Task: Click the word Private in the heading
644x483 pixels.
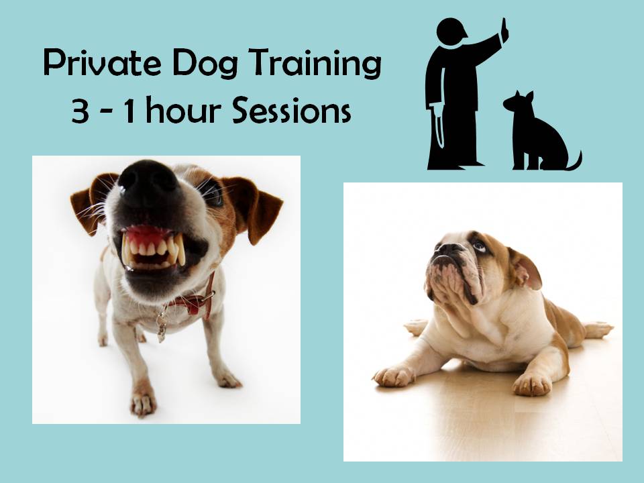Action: (x=102, y=63)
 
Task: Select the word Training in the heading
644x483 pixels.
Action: (x=315, y=64)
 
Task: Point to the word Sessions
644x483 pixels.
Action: (x=292, y=110)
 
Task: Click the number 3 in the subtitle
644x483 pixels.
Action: (x=80, y=111)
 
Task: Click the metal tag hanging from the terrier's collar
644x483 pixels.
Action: (x=162, y=327)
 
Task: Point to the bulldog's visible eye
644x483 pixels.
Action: (x=478, y=246)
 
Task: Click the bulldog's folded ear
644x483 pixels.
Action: (x=526, y=268)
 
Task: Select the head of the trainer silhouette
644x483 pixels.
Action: (x=451, y=31)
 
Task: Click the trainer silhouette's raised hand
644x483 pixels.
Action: (x=504, y=30)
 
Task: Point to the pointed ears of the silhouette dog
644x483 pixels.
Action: (x=523, y=97)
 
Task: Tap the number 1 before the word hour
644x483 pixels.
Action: (x=129, y=110)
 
